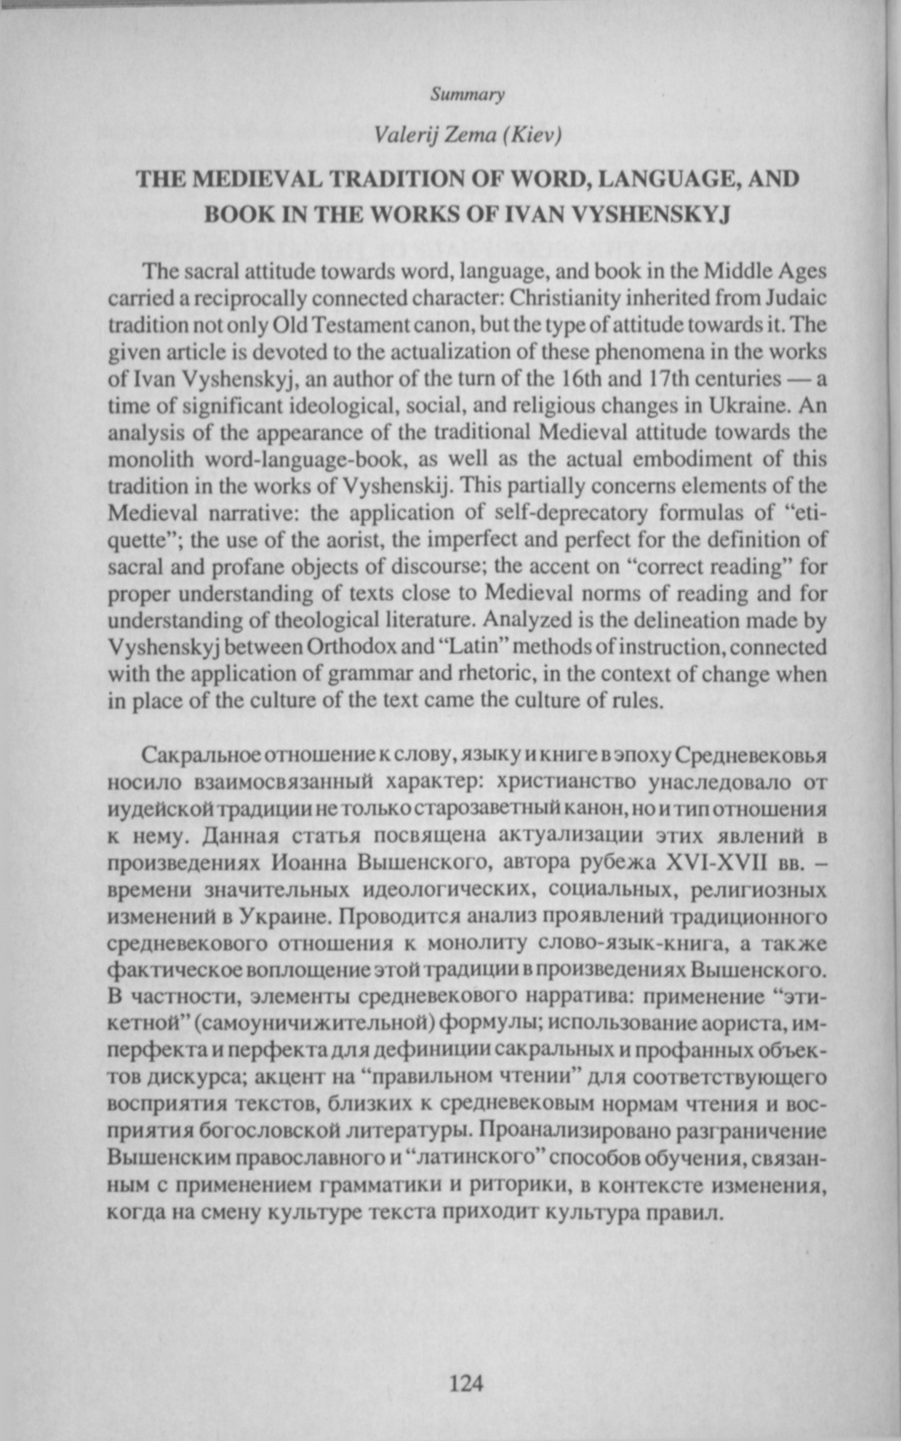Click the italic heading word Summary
tap(467, 94)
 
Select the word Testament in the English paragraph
tap(351, 323)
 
